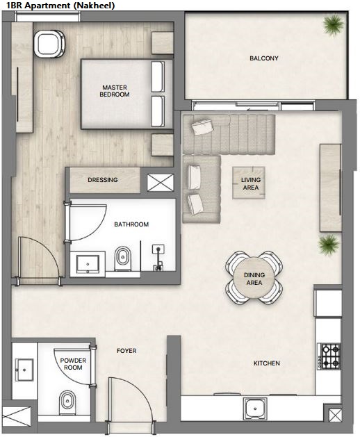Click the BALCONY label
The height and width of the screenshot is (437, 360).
264,58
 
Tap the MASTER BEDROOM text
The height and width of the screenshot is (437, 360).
115,91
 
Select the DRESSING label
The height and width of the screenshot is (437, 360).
103,180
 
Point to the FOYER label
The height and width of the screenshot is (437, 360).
126,351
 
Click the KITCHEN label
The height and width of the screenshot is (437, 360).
267,363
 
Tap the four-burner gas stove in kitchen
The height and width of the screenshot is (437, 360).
329,356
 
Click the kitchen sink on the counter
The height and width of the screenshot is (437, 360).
255,409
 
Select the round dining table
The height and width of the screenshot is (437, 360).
254,278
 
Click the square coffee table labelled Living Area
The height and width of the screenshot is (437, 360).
249,183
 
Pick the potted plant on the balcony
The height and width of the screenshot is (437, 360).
333,24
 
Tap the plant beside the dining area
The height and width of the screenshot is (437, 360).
329,245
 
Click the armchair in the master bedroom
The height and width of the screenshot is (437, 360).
49,44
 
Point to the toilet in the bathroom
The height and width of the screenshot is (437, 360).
123,258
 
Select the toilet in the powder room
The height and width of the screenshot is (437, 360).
67,403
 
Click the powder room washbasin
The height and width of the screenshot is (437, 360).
24,370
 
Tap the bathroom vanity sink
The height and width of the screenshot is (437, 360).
88,264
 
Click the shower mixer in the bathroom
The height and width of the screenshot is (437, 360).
158,257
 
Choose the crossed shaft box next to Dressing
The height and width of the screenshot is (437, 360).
161,183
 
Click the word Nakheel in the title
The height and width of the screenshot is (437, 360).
94,5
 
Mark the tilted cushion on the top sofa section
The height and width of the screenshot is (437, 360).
202,127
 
